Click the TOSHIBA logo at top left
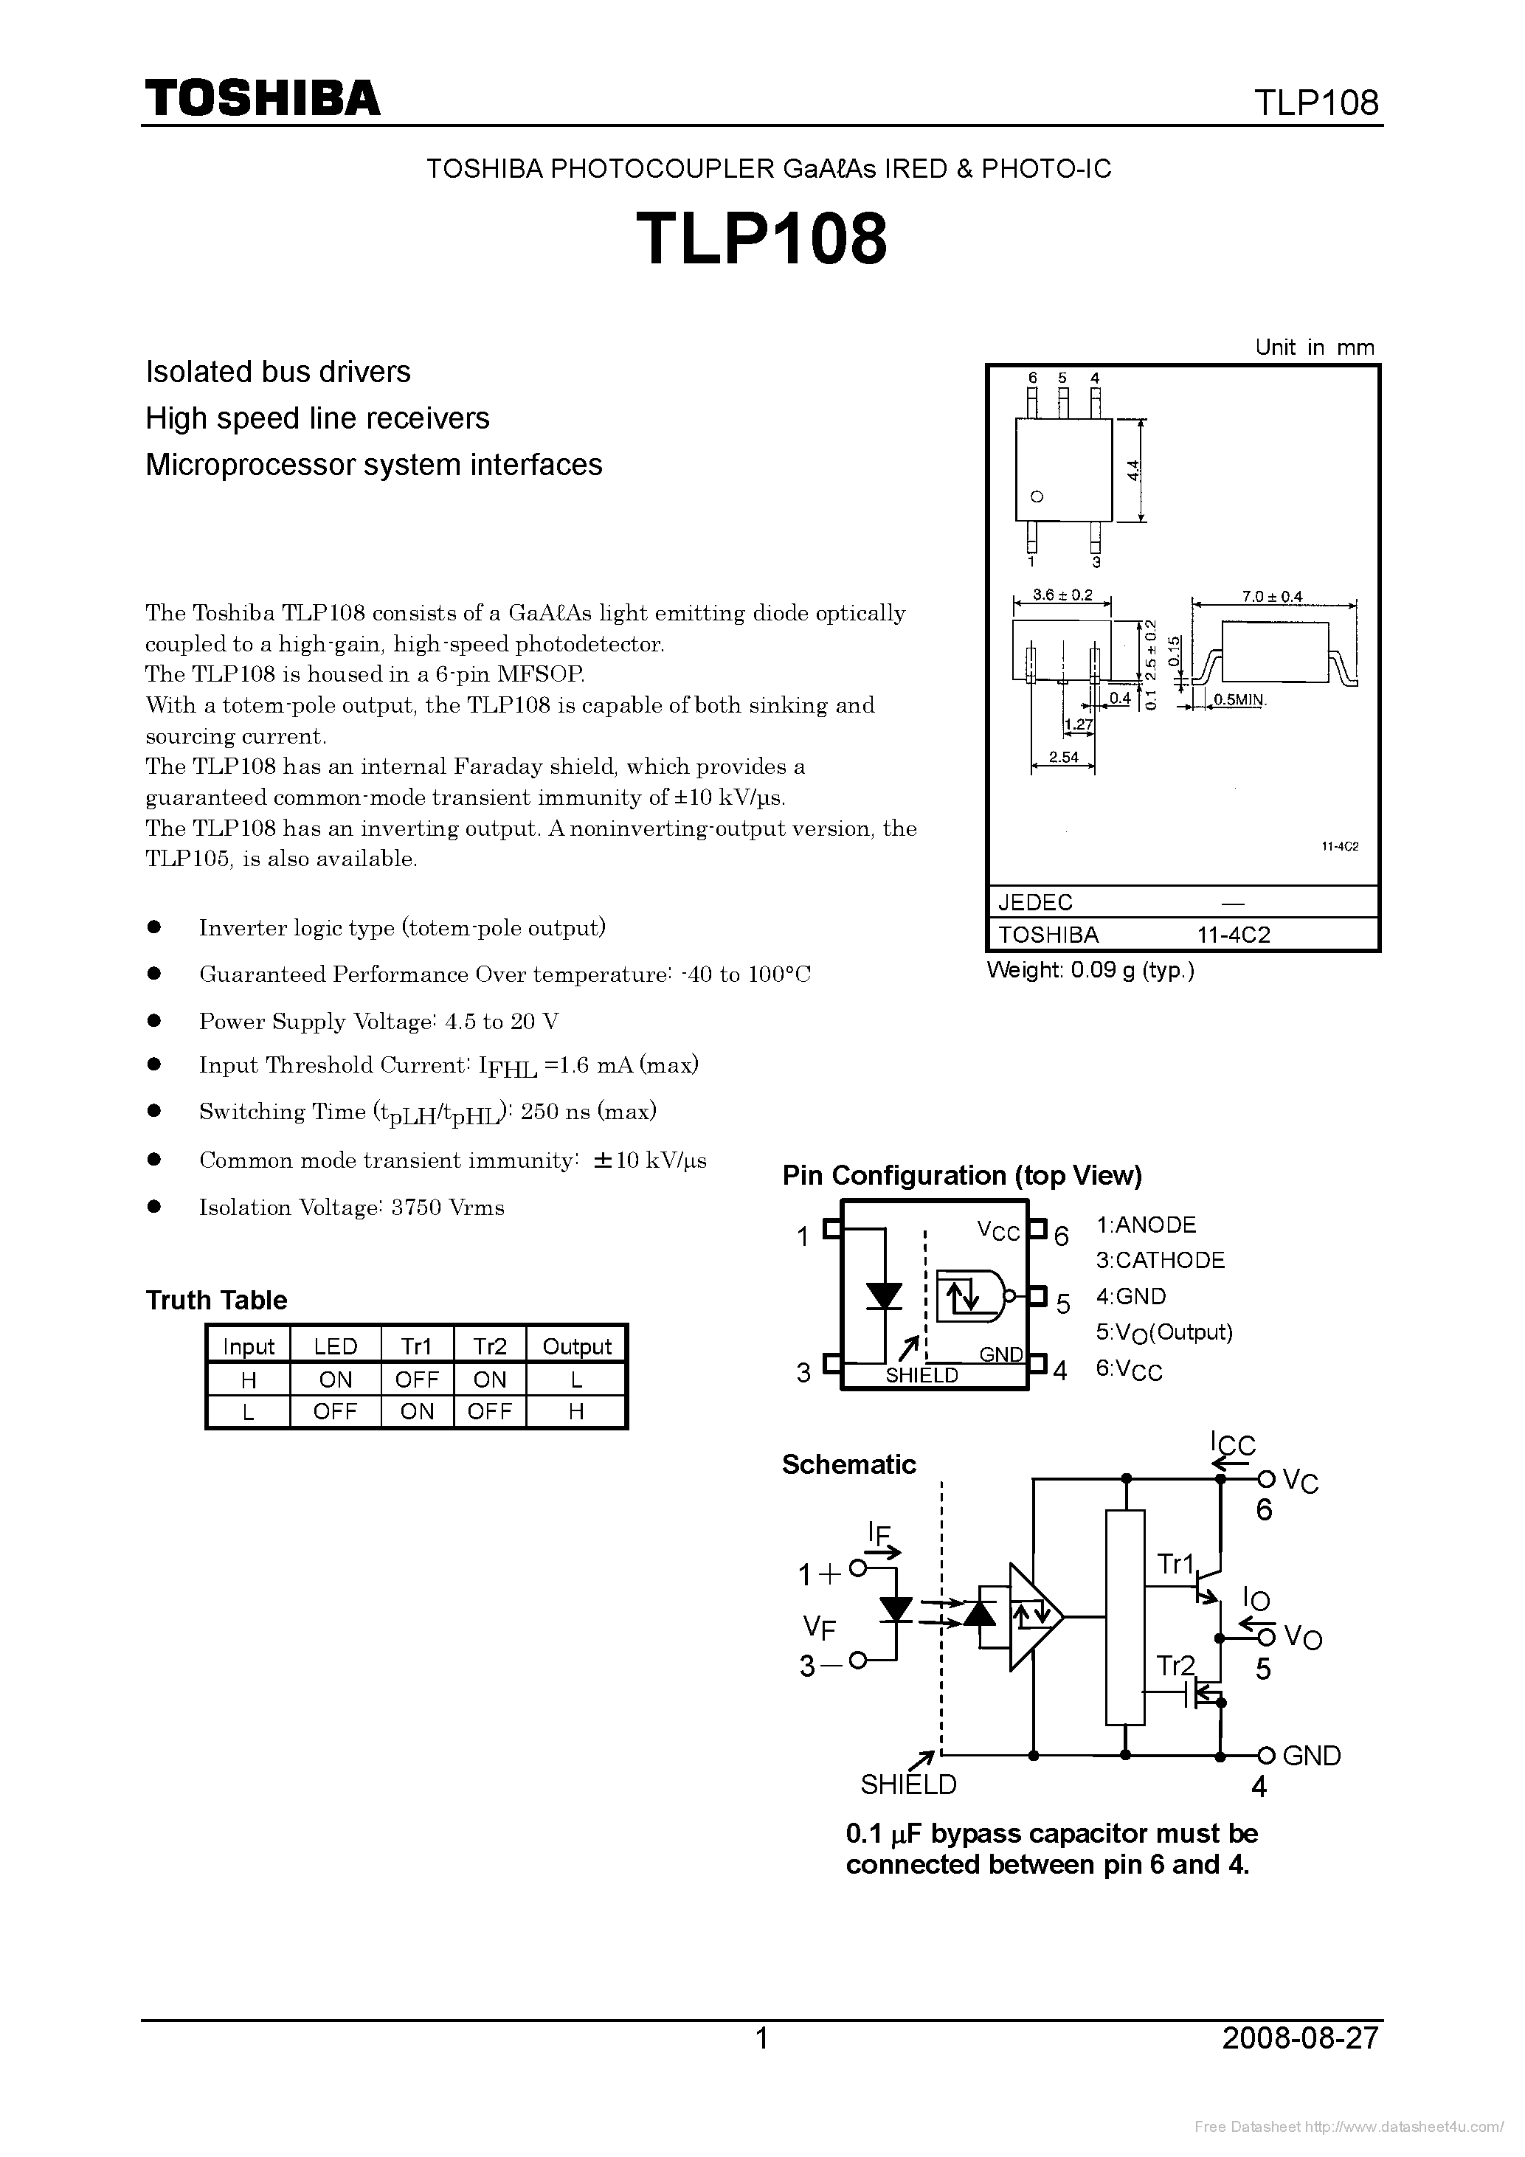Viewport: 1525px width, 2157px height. coord(262,97)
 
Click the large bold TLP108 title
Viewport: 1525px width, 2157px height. coord(761,238)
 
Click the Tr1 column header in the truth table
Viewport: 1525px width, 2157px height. coord(416,1346)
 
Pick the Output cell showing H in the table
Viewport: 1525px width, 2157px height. coord(576,1411)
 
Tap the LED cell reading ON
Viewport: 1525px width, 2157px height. coord(336,1379)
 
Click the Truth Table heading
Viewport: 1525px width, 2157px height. coord(216,1301)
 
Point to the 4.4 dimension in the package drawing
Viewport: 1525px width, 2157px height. coord(1134,470)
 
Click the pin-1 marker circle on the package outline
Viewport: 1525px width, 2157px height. coord(1037,497)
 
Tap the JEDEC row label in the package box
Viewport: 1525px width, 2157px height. coord(1034,902)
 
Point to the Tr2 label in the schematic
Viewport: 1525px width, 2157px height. coord(1175,1666)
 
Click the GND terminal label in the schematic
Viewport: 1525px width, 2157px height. coord(1311,1756)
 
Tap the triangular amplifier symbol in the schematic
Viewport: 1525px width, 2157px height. coord(1034,1618)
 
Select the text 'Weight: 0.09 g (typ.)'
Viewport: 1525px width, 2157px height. coord(1090,971)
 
